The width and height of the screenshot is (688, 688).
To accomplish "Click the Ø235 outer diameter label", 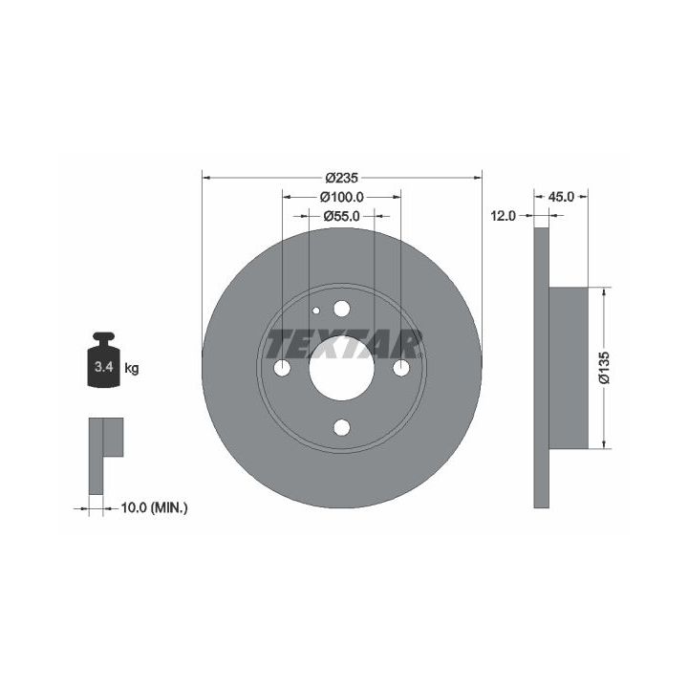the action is [342, 178].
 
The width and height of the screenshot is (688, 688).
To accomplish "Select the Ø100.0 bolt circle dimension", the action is [342, 197].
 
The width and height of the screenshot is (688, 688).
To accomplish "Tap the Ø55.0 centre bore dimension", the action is [342, 216].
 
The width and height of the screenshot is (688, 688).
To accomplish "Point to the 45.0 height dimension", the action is [561, 197].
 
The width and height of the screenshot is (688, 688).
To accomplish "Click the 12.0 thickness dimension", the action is [504, 216].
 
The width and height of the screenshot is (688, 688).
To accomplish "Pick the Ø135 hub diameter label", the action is [605, 367].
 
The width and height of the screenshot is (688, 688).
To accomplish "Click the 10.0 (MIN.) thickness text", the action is [155, 508].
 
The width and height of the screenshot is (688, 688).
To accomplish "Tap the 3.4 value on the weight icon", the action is [104, 367].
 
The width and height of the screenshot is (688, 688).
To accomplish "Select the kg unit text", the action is [132, 369].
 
